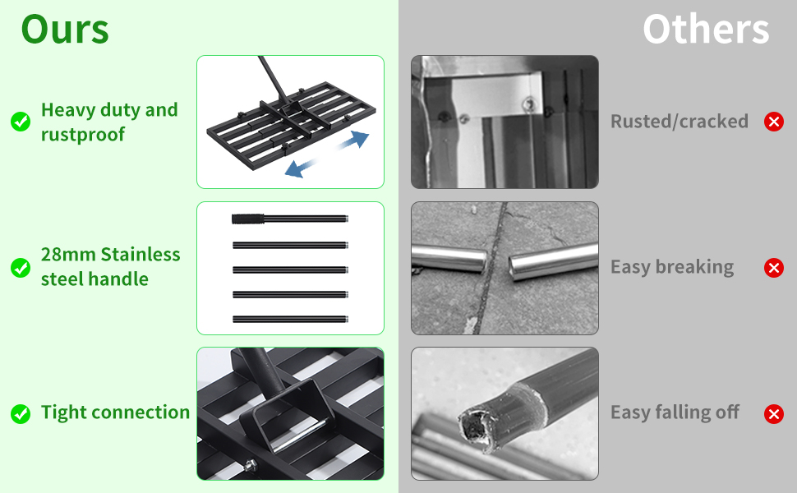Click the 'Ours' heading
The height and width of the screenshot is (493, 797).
(65, 30)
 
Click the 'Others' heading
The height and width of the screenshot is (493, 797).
(706, 30)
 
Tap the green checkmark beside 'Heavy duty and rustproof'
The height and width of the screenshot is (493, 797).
(21, 122)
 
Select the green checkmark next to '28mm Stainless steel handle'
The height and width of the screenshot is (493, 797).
(21, 267)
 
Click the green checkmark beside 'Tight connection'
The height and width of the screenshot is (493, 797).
(21, 413)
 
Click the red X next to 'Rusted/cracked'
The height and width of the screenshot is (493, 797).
(773, 122)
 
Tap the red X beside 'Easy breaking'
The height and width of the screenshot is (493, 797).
(773, 267)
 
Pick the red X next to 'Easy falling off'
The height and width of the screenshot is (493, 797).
(773, 413)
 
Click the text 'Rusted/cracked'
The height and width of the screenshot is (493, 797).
(679, 122)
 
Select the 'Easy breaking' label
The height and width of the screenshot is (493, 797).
(671, 267)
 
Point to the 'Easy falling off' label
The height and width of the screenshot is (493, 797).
(675, 412)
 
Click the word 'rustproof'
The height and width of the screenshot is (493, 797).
(83, 134)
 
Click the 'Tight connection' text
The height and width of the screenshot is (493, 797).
(115, 412)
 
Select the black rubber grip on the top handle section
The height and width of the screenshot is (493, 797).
(246, 219)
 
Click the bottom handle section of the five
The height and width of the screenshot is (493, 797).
(290, 319)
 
